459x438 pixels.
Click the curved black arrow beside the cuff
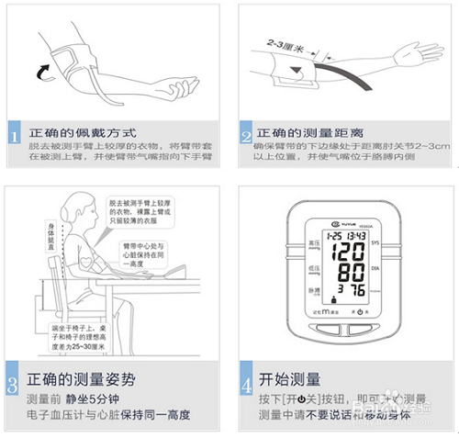pyautogui.click(x=39, y=71)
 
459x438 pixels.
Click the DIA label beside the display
pyautogui.click(x=376, y=273)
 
